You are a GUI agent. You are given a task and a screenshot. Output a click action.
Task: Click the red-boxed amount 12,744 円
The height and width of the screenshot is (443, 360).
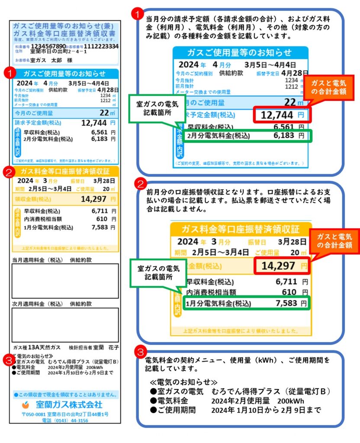click(x=282, y=115)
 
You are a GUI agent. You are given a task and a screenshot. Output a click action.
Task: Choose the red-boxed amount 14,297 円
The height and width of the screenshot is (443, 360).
click(x=282, y=266)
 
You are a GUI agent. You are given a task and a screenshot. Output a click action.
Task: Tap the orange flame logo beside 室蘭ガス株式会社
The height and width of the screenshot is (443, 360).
click(x=27, y=405)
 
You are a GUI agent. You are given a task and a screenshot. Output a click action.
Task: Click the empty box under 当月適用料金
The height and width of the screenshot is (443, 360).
click(x=65, y=280)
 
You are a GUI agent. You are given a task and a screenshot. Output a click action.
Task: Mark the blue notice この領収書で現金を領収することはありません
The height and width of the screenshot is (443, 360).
click(x=65, y=395)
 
